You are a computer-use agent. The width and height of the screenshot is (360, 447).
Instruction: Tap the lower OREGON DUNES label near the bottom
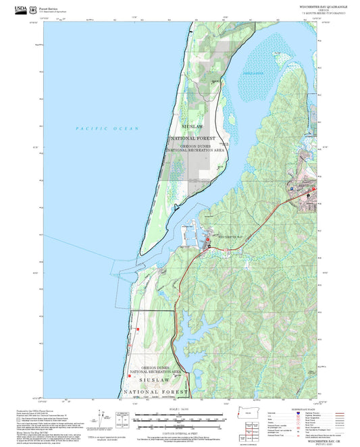pos(155,369)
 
